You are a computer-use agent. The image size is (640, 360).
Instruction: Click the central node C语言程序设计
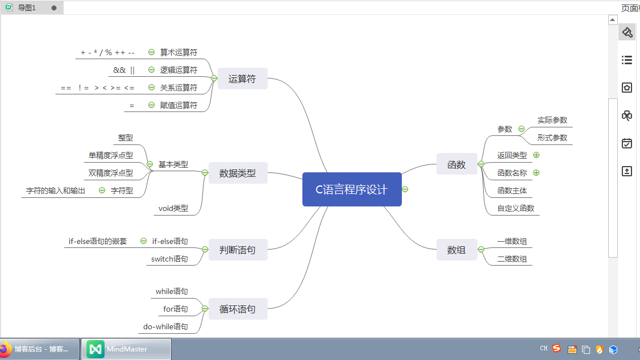(352, 189)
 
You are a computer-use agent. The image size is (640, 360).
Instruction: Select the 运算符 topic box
(242, 79)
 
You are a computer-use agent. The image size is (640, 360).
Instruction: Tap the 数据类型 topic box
(238, 173)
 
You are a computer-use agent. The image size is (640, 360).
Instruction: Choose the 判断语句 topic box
(238, 250)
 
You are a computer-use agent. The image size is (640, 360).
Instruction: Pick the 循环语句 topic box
(238, 309)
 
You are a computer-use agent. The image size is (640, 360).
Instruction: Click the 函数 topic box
(456, 164)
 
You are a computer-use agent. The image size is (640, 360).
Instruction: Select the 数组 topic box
(456, 250)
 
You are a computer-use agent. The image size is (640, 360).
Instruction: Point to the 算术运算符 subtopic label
(178, 52)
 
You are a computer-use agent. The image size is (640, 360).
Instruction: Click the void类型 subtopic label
(173, 209)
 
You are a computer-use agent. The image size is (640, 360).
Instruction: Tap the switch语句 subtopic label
(169, 259)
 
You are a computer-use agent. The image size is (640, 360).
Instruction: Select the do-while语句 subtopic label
(165, 327)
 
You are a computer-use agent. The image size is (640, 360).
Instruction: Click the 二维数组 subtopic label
(512, 259)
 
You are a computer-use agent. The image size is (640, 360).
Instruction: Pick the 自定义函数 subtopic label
(516, 208)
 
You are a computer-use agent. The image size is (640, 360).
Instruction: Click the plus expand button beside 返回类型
(536, 155)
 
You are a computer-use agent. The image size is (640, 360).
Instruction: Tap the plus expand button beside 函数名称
(536, 172)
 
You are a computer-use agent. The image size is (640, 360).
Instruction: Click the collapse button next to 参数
(521, 129)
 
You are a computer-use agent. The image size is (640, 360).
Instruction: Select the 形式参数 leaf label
(552, 138)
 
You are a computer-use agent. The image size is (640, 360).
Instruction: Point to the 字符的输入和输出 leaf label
(56, 191)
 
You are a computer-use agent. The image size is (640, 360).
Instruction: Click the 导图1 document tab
(27, 8)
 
